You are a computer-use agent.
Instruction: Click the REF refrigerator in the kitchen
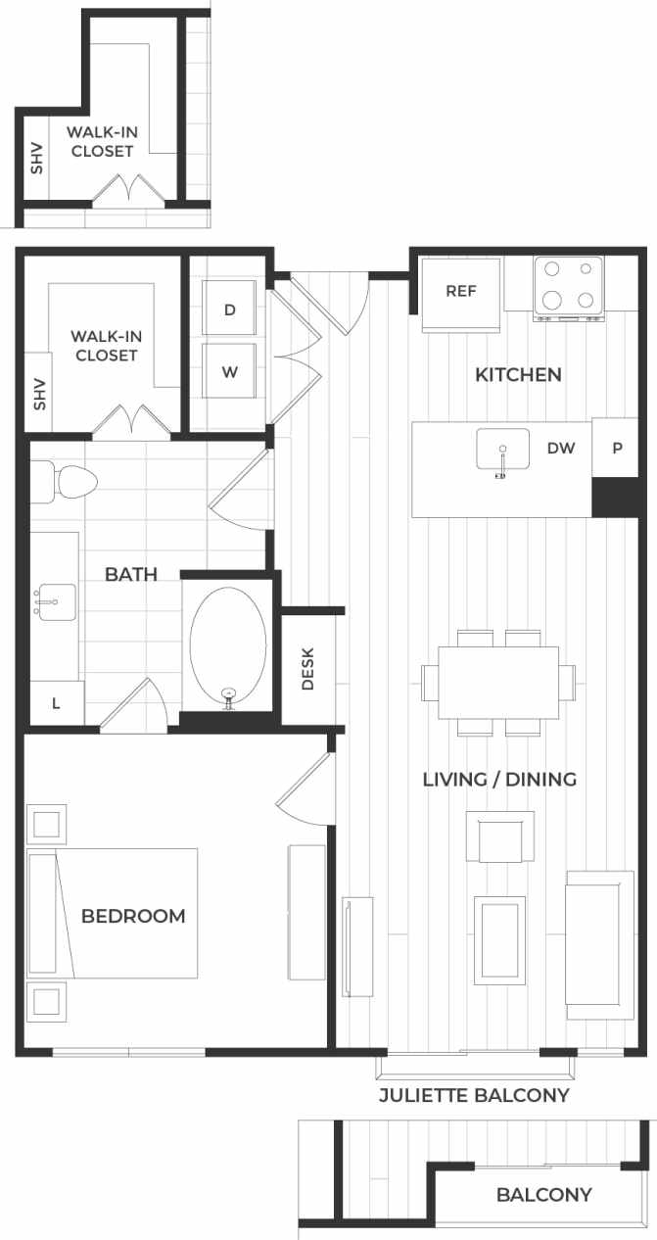tap(461, 292)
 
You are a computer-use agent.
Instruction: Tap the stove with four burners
tap(568, 286)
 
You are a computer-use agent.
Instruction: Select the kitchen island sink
tap(502, 450)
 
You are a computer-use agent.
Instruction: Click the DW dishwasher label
tap(561, 449)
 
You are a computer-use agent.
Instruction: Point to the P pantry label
tap(617, 449)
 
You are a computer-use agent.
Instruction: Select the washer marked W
tap(229, 372)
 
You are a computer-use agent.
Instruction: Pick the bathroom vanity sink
tap(55, 599)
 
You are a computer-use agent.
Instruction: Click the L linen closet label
tap(55, 704)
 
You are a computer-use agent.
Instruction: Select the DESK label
tap(307, 669)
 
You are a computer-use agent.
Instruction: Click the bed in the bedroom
tap(113, 914)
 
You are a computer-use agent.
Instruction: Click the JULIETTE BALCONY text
tap(474, 1095)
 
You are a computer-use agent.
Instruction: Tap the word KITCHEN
tap(518, 374)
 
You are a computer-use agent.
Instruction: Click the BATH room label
tap(131, 574)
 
